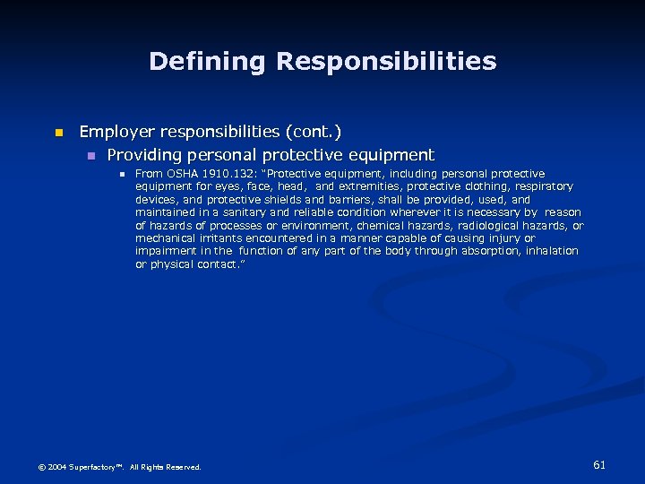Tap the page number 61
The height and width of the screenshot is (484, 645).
(599, 464)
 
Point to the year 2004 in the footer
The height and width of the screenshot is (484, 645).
(56, 467)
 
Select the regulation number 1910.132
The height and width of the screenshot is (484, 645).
(228, 174)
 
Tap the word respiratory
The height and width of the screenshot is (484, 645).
(543, 186)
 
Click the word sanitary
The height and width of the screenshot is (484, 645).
(244, 212)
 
